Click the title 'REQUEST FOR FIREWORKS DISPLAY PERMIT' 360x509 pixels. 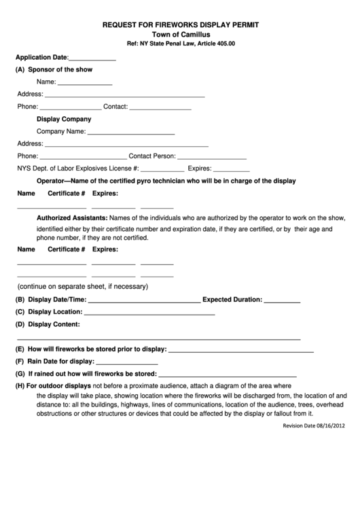181,24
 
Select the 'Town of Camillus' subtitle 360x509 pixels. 181,34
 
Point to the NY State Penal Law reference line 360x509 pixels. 181,43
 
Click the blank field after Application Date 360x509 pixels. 93,59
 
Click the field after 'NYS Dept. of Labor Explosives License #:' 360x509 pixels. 162,170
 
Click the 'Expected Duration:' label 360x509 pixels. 232,299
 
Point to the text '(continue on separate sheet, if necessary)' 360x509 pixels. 82,286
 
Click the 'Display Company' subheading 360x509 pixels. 63,119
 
